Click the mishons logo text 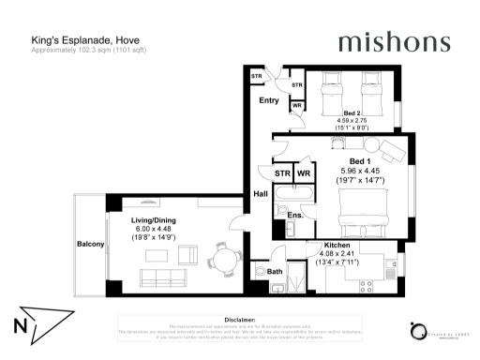click(x=393, y=43)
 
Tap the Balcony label click(x=90, y=245)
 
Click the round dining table click(x=223, y=254)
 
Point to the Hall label click(x=261, y=194)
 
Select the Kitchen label click(x=337, y=244)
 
